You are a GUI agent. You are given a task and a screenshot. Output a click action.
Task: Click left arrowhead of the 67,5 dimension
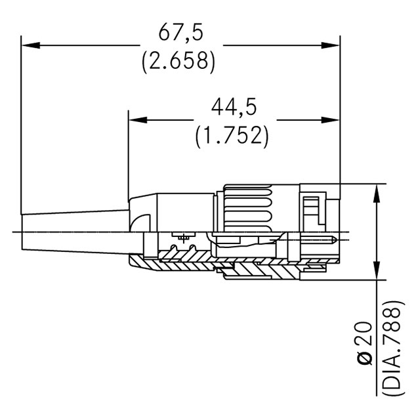pos(30,45)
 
